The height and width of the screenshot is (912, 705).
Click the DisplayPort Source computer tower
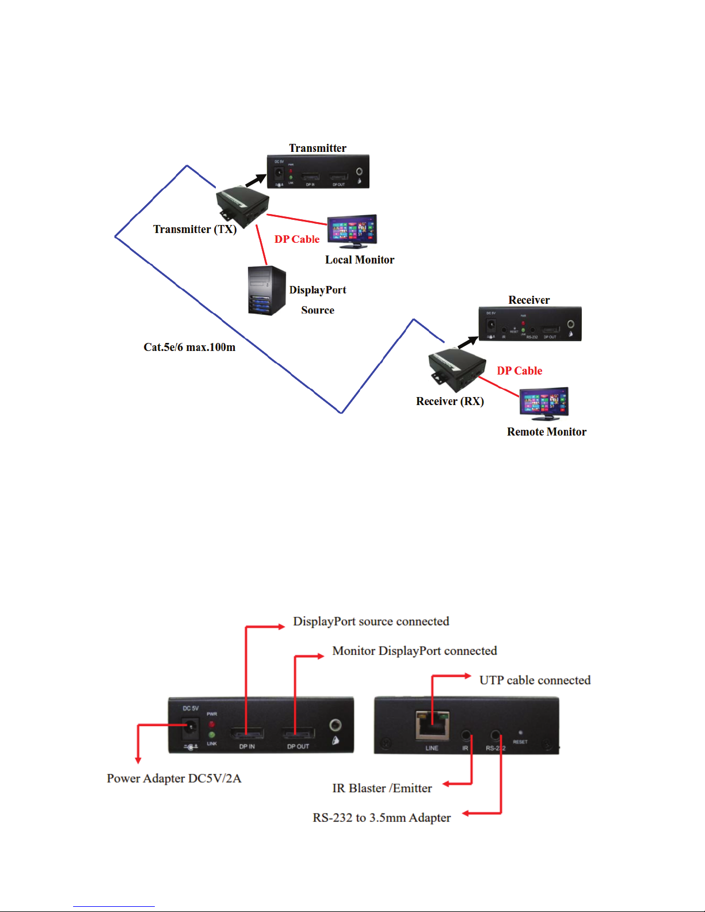(x=266, y=291)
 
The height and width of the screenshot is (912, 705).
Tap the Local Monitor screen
(x=352, y=230)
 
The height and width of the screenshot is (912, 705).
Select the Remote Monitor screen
(x=543, y=402)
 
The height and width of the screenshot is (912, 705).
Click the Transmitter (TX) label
(x=195, y=229)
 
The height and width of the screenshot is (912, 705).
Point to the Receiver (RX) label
(x=449, y=401)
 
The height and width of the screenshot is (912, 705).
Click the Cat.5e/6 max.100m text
(x=189, y=347)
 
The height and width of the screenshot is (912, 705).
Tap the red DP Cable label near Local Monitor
(x=296, y=239)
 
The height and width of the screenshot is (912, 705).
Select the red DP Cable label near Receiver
(x=519, y=371)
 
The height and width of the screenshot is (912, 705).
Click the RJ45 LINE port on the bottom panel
(x=433, y=726)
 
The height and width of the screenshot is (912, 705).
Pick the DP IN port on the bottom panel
(x=247, y=734)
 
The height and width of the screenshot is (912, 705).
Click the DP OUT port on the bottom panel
(x=298, y=734)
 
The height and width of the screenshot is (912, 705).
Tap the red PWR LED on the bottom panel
(x=212, y=724)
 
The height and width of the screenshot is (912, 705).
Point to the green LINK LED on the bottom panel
(x=212, y=735)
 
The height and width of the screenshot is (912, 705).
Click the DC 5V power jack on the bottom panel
(x=189, y=730)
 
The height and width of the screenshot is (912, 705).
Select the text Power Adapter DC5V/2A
(x=174, y=779)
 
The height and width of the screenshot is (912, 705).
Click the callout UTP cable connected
(x=535, y=680)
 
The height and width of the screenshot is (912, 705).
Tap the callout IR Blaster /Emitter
(x=382, y=788)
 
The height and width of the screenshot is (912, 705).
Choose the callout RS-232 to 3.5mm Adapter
(x=382, y=818)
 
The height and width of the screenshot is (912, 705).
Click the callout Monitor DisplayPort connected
(x=414, y=651)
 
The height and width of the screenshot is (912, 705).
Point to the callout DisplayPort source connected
(x=371, y=621)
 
